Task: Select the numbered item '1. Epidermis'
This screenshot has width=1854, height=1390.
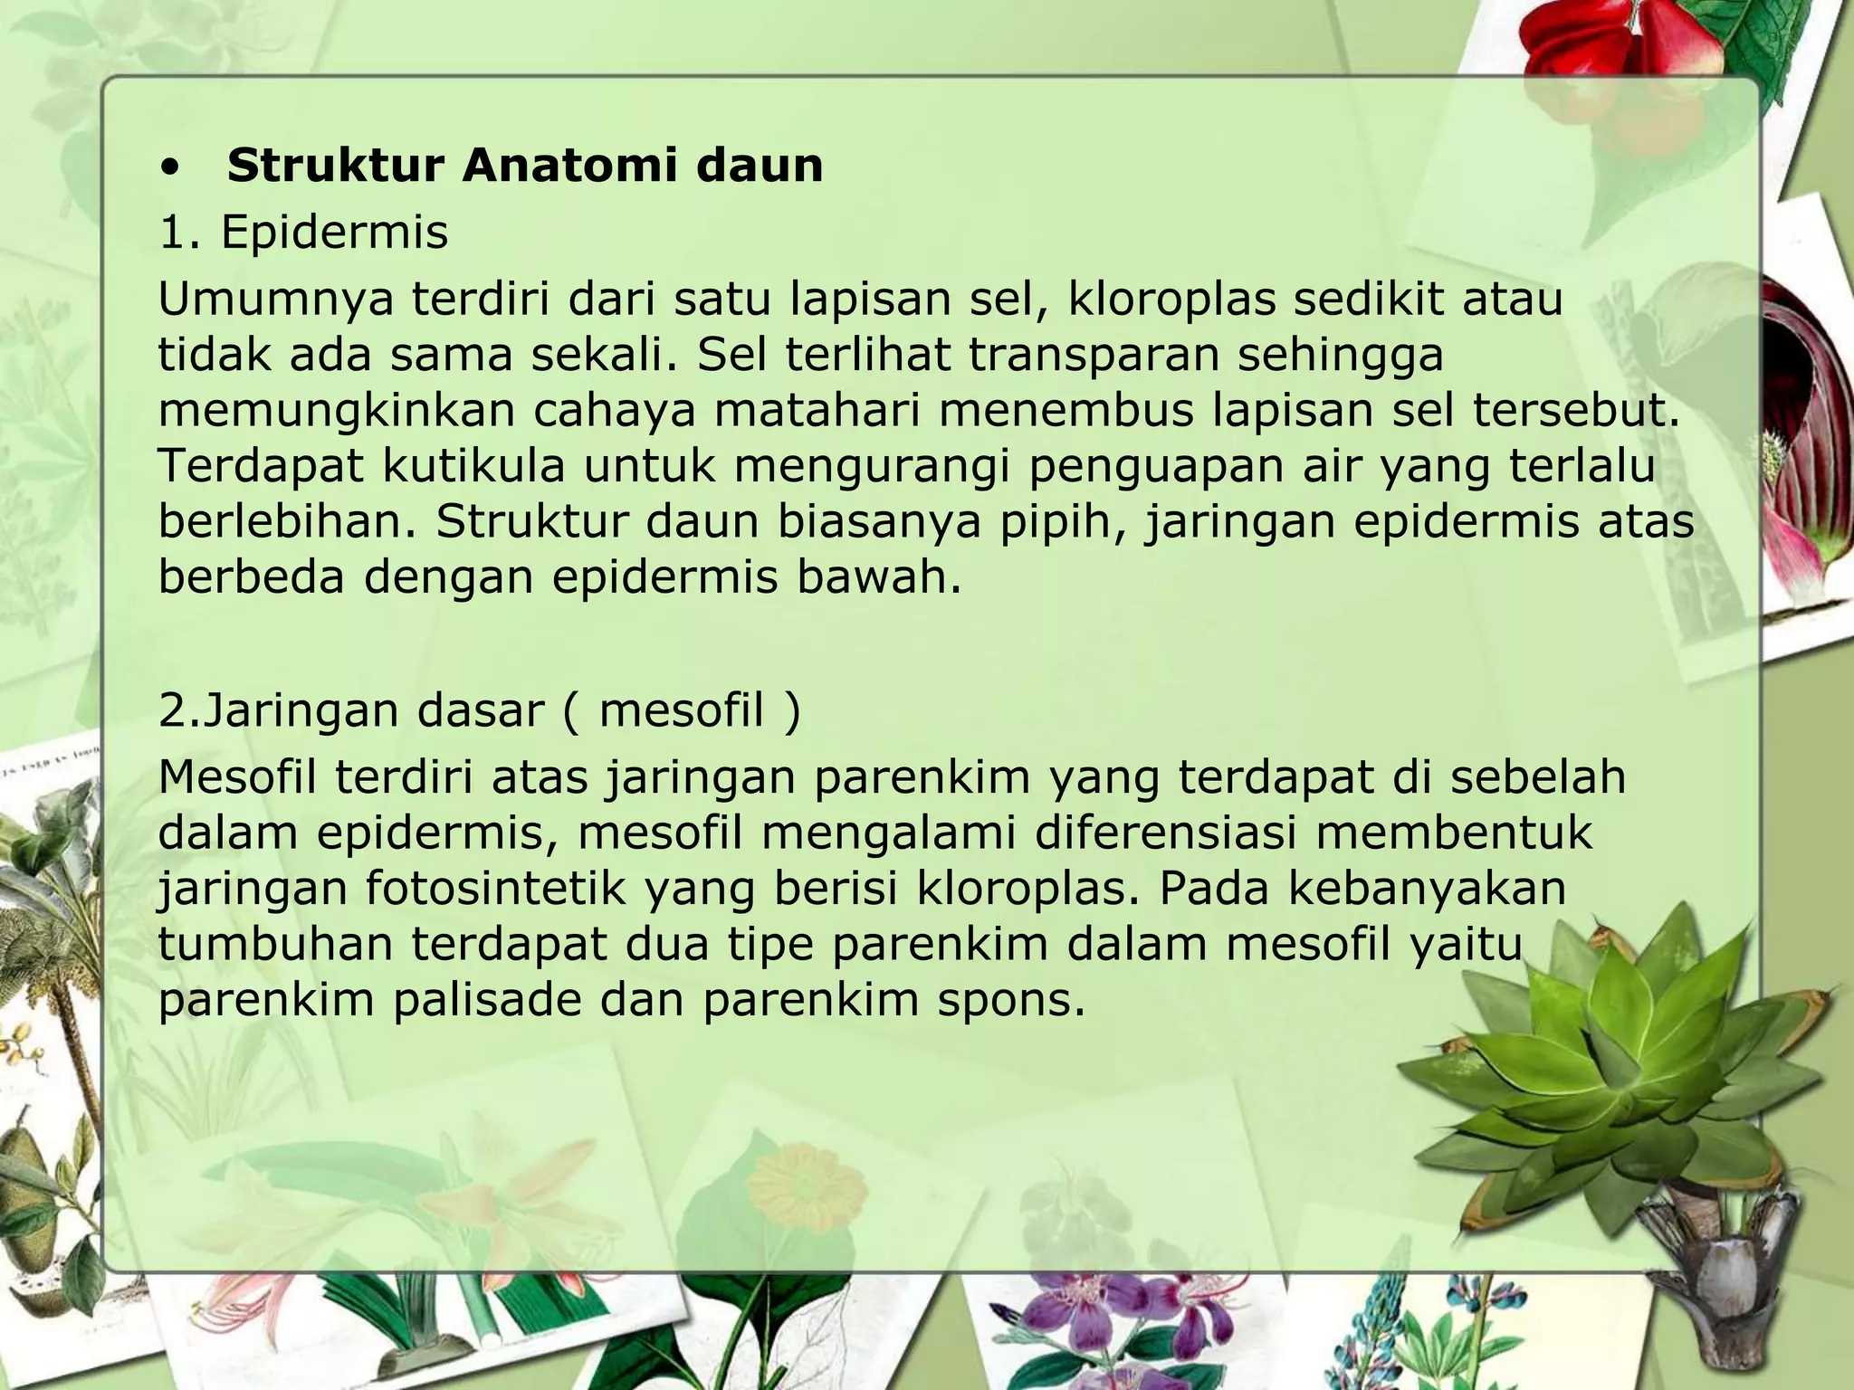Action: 303,233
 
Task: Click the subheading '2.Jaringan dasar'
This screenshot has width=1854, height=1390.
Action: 349,710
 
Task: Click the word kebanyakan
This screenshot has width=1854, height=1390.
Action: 1427,889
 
